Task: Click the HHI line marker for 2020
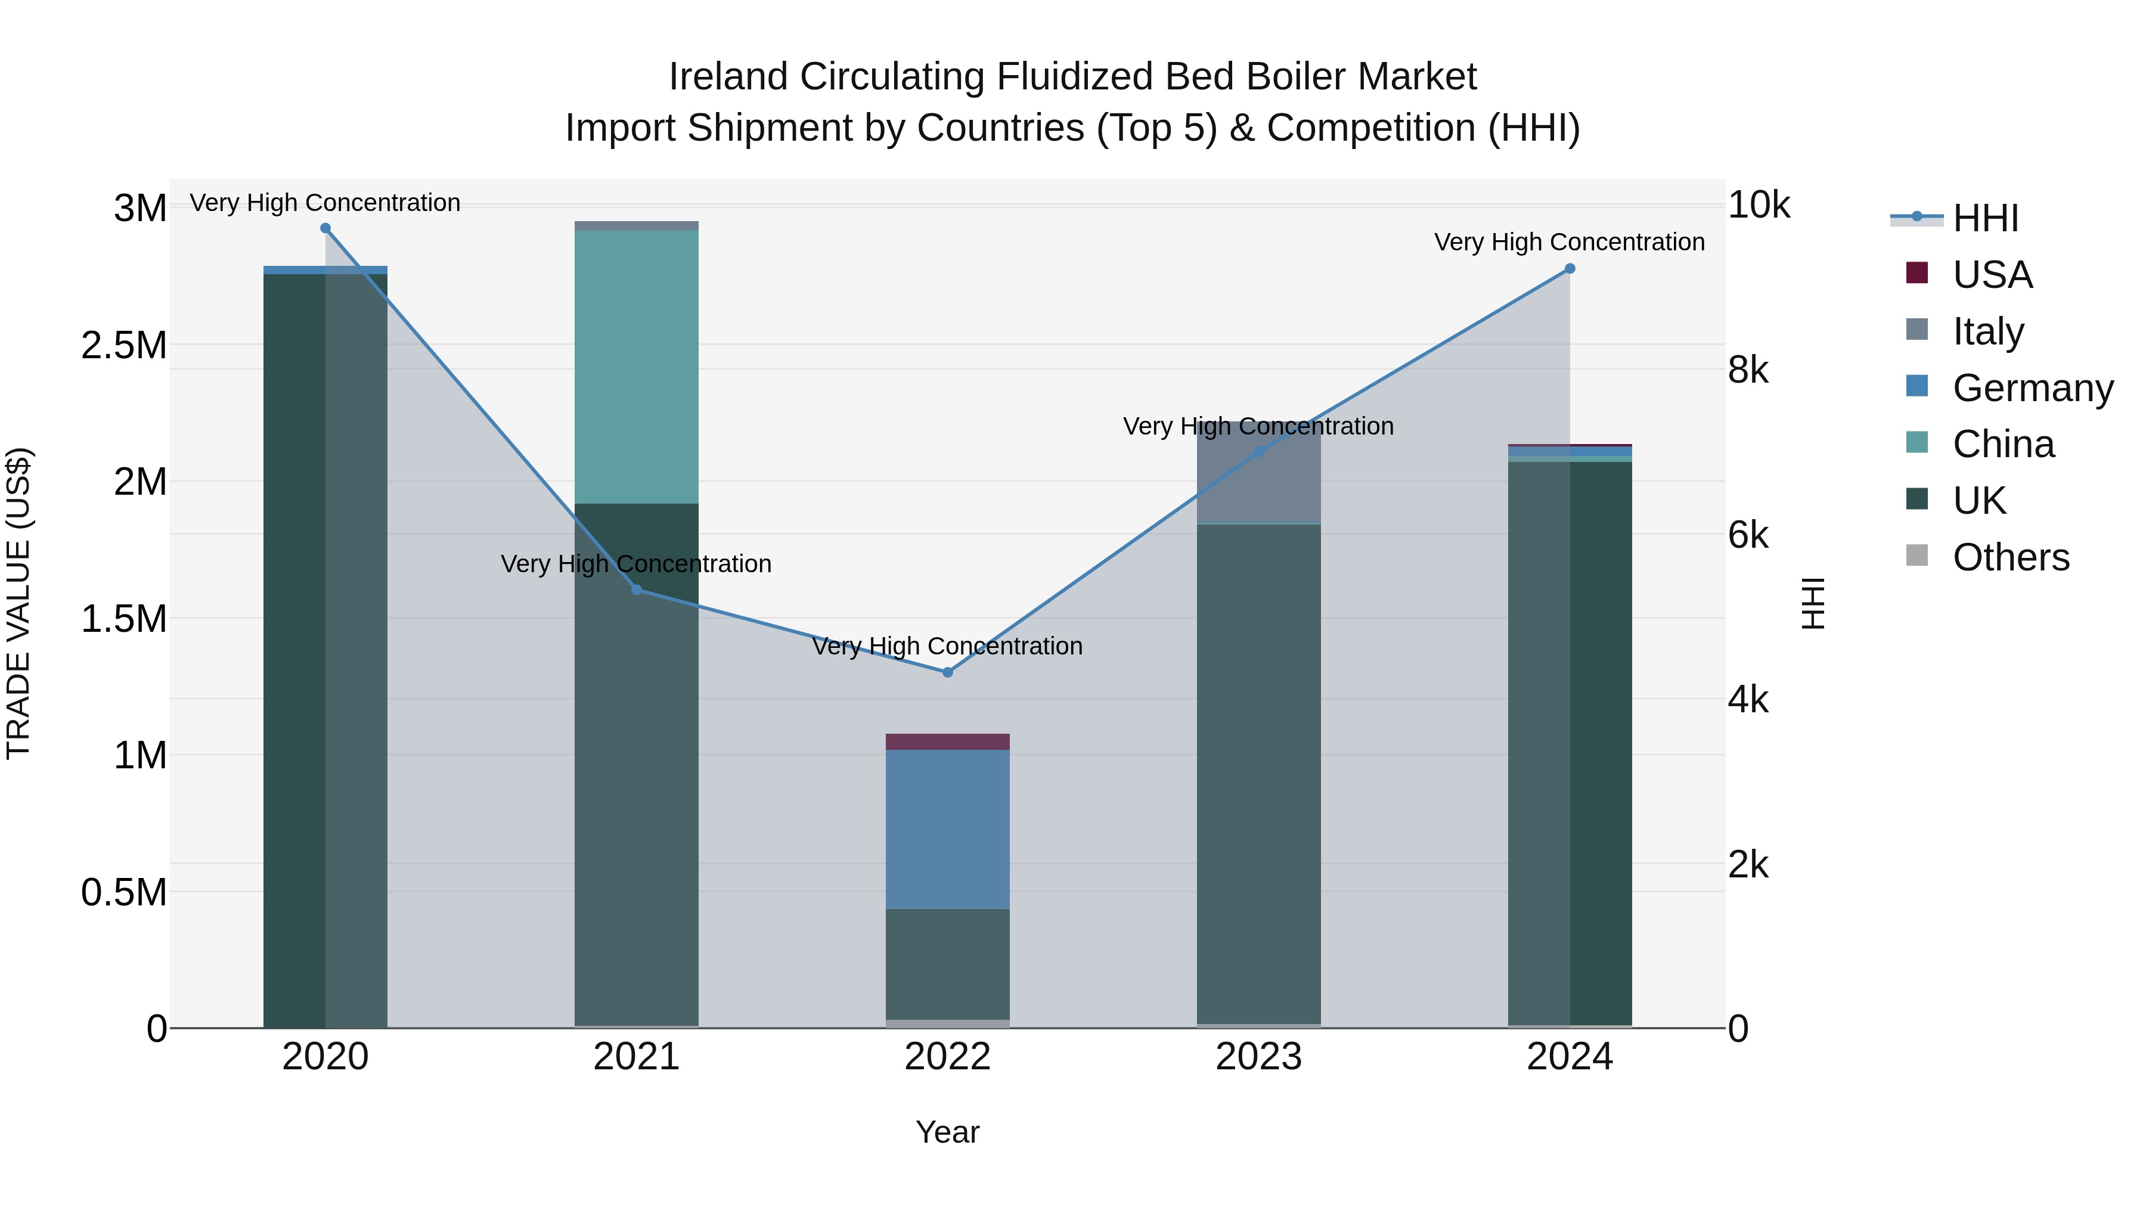(x=325, y=228)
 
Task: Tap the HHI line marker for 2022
(x=947, y=672)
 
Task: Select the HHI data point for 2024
(x=1570, y=269)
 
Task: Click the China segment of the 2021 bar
(x=637, y=367)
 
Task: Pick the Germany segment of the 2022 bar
(x=947, y=829)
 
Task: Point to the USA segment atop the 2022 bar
(x=947, y=741)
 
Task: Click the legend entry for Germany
(x=2032, y=388)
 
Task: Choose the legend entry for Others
(x=2010, y=557)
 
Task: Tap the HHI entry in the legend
(x=1985, y=218)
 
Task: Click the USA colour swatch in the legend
(x=1917, y=273)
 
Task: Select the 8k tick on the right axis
(x=1747, y=369)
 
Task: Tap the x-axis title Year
(x=947, y=1132)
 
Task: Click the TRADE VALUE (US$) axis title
(x=19, y=603)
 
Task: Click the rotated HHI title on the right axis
(x=1813, y=603)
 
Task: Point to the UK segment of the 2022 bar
(x=947, y=964)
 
